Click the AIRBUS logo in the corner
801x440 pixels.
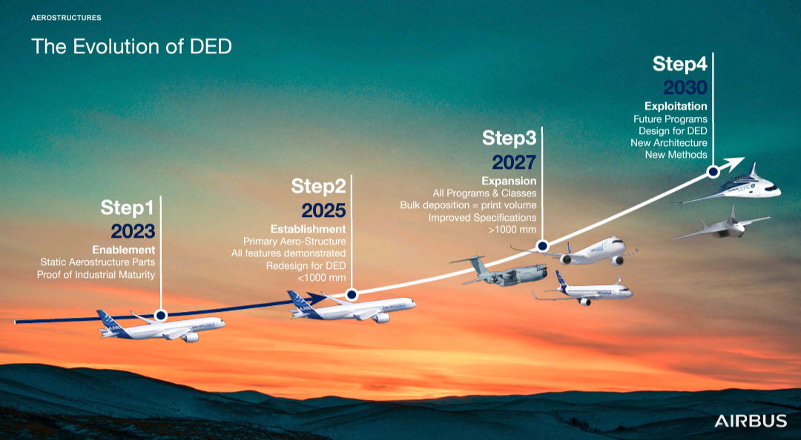coord(751,421)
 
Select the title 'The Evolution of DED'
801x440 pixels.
coord(131,47)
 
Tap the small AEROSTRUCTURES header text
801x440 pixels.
coord(66,17)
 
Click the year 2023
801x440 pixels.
coord(133,231)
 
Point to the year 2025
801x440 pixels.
coord(323,210)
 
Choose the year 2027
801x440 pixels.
coord(514,162)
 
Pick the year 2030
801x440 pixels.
coord(685,88)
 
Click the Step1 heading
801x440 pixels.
coord(128,207)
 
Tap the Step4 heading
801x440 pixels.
coord(680,64)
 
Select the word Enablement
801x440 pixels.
coord(124,250)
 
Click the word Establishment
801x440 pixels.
coord(308,229)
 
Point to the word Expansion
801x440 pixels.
coord(509,181)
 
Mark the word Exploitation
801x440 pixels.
coord(676,106)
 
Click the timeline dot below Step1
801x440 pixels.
coord(161,316)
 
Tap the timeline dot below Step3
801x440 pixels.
coord(542,245)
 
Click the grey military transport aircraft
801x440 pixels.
coord(498,271)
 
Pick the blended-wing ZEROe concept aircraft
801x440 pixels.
coord(728,186)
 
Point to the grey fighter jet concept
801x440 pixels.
coord(721,224)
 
